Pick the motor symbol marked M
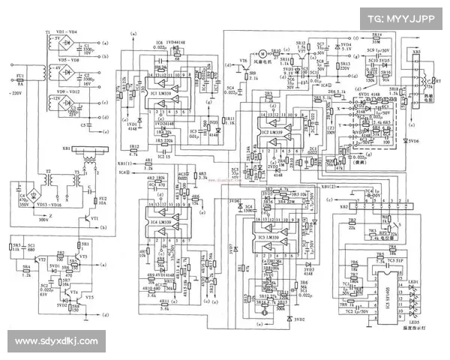263,54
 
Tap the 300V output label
43,220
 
